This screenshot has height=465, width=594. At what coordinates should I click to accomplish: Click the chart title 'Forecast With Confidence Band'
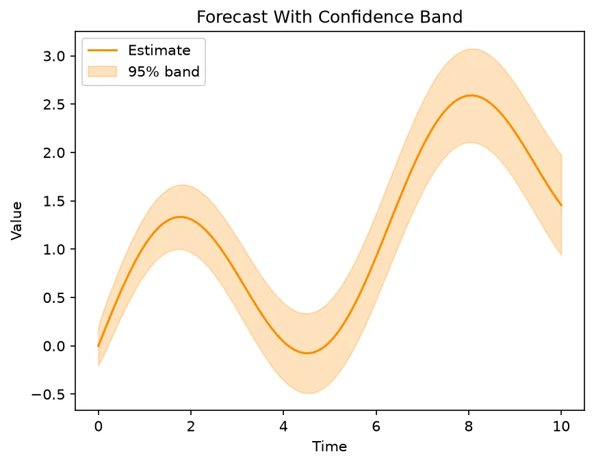tap(329, 17)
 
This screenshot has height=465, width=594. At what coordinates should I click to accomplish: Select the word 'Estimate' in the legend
tap(159, 51)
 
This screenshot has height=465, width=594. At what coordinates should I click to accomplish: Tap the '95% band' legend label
tap(164, 72)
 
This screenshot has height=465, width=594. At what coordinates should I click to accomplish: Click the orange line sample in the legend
tap(102, 51)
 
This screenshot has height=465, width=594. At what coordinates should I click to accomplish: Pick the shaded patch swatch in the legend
tap(102, 72)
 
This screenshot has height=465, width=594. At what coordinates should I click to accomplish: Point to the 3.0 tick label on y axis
tap(54, 57)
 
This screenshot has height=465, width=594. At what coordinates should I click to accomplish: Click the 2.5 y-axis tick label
tap(54, 105)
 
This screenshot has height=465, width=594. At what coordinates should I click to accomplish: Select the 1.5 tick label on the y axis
tap(54, 201)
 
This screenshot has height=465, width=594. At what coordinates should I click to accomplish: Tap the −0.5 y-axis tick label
tap(48, 395)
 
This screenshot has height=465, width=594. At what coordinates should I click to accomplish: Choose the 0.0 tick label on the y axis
tap(54, 346)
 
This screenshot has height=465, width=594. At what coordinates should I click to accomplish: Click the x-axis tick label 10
tap(561, 427)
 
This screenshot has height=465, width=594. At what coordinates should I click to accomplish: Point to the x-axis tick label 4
tap(283, 427)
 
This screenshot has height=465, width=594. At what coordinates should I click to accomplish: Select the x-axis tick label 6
tap(376, 427)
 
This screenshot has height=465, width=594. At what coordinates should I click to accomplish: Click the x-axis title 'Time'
tap(329, 447)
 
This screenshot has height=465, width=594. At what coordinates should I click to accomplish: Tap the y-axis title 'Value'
tap(16, 221)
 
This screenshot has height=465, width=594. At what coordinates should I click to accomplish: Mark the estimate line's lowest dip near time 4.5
tap(307, 353)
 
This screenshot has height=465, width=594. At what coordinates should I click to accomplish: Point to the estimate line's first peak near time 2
tap(181, 217)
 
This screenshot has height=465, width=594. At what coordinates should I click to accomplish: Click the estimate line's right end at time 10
tap(561, 206)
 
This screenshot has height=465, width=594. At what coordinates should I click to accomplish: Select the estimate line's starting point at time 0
tap(98, 346)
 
